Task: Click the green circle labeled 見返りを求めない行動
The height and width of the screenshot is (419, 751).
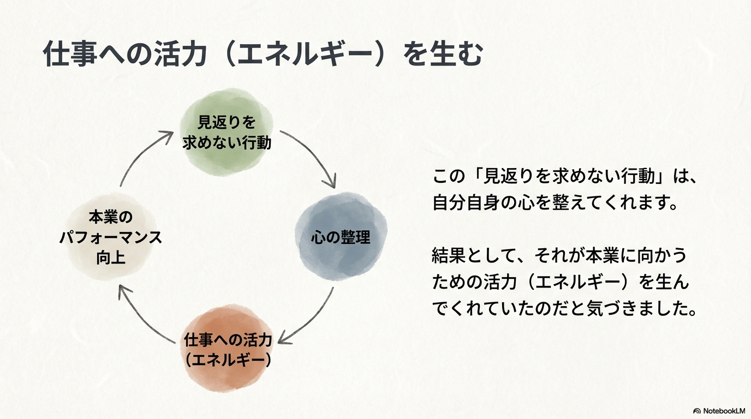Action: pyautogui.click(x=227, y=133)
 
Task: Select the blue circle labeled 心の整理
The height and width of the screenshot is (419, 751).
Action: pyautogui.click(x=341, y=237)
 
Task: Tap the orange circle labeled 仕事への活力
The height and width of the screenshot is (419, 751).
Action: pyautogui.click(x=227, y=350)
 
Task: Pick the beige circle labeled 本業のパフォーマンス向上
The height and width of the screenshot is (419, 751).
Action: pyautogui.click(x=111, y=237)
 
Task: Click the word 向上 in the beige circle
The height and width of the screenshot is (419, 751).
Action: pyautogui.click(x=111, y=258)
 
